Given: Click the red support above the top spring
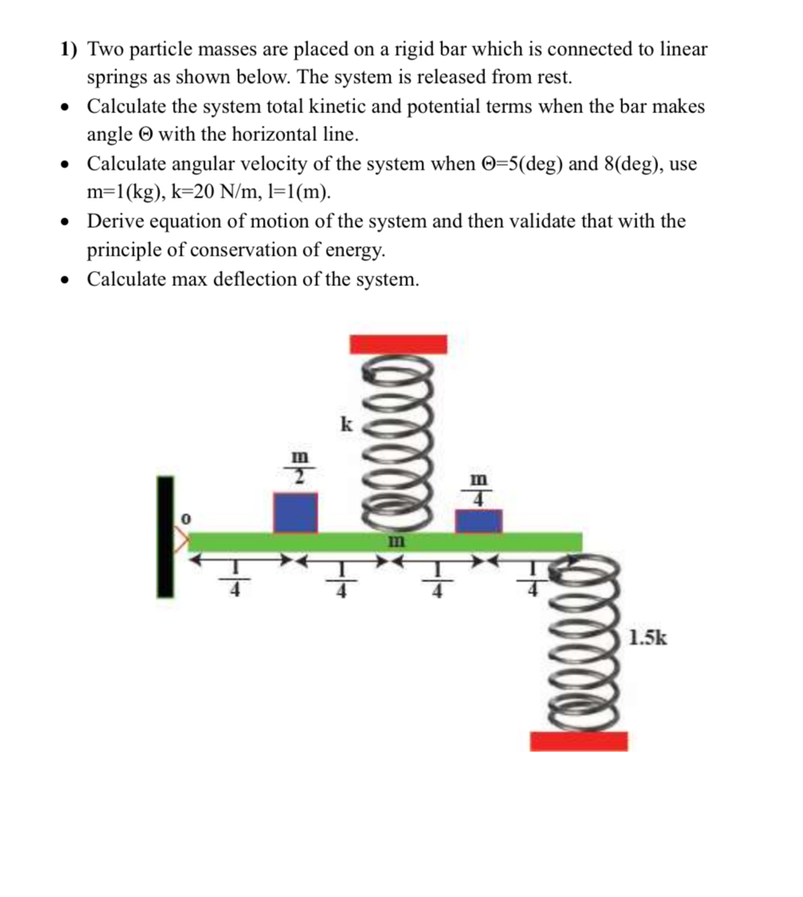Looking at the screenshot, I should (398, 343).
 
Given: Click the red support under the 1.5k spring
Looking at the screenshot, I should (578, 740).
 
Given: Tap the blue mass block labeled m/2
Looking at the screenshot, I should (296, 512).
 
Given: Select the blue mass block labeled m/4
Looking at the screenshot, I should (479, 520).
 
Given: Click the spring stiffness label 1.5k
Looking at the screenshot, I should (647, 637).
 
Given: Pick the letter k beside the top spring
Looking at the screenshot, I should (346, 424).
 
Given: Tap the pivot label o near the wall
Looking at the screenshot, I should (185, 518).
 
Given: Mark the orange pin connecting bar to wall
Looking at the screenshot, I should (182, 542).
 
